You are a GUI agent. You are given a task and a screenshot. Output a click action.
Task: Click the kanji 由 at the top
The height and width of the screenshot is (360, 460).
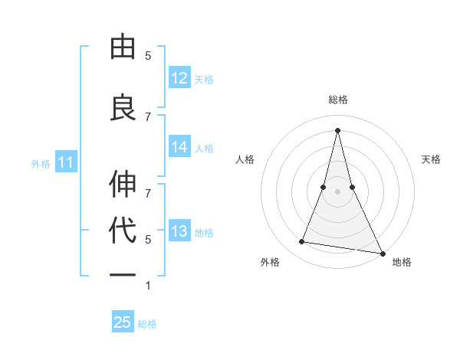[x=123, y=47]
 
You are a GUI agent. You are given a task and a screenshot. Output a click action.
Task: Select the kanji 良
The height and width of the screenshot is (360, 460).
[x=123, y=106]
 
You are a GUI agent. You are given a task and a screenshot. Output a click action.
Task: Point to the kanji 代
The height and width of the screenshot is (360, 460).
[x=123, y=231]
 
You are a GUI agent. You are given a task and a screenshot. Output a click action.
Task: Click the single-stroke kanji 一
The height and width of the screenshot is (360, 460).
[x=123, y=275]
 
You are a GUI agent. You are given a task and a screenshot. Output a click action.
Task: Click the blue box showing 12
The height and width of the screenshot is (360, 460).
[x=179, y=78]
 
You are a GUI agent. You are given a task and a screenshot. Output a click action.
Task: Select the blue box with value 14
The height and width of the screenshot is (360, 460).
[x=179, y=147]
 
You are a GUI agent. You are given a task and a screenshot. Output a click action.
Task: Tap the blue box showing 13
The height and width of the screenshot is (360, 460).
[x=179, y=231]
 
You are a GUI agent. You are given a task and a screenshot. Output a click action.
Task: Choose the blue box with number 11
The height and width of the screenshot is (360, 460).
[x=66, y=162]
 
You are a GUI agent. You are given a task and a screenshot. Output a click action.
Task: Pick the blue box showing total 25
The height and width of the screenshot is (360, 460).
[x=123, y=322]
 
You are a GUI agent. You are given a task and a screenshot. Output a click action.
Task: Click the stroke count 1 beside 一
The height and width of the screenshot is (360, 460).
[x=148, y=286]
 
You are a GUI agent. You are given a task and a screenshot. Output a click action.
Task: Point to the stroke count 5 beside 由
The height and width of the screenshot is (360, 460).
[x=148, y=56]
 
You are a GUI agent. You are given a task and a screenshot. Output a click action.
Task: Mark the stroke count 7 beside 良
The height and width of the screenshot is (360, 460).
[x=148, y=116]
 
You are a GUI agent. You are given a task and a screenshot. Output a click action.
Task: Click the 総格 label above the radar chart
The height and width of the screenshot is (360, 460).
[x=338, y=100]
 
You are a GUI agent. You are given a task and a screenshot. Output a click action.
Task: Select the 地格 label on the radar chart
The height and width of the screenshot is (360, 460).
[x=402, y=262]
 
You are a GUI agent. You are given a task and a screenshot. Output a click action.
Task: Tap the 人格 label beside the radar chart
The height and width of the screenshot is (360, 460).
[x=245, y=159]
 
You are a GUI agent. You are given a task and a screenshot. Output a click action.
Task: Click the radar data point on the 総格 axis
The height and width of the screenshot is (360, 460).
[x=337, y=130]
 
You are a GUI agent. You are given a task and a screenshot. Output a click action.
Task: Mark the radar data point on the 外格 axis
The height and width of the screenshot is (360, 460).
[x=302, y=242]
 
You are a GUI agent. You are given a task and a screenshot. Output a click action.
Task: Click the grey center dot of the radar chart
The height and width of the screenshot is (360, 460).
[x=337, y=191]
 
